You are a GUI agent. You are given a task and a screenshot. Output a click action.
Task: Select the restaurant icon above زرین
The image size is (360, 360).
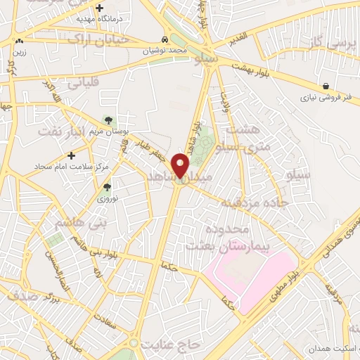point(18,42)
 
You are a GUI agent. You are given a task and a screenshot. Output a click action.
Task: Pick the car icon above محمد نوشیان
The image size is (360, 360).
point(164,40)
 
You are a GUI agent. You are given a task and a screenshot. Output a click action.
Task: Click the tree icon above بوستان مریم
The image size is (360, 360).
point(108,120)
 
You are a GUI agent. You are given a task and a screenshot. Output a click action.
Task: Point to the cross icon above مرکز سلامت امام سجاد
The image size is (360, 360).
point(70,155)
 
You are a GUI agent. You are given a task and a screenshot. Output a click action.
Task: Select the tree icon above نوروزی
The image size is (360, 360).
point(107,187)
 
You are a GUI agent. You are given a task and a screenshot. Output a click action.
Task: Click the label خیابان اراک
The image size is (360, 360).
point(98,39)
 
